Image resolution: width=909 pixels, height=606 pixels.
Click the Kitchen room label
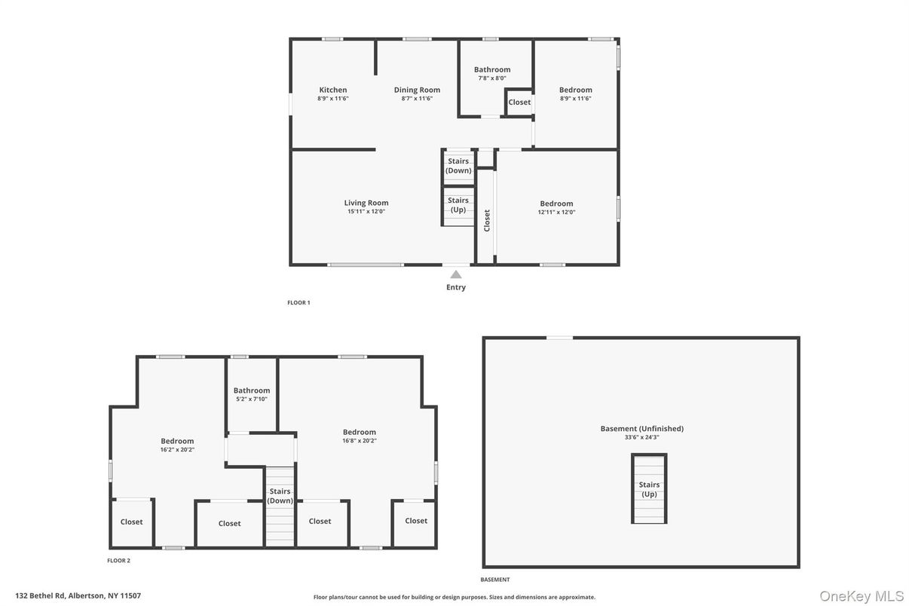coord(332,90)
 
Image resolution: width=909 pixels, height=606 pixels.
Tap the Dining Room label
coord(417,90)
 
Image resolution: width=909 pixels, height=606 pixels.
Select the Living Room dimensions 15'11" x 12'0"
coord(366,212)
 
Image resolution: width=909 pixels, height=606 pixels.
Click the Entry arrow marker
coord(456,274)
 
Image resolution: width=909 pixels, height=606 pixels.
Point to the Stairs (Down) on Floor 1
coord(458,166)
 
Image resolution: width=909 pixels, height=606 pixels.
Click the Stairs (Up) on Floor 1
coord(458,204)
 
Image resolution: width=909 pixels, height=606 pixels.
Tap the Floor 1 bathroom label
coord(492,69)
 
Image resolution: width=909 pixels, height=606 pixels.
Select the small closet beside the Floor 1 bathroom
coord(519,103)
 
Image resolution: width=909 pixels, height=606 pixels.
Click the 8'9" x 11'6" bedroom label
coord(576,90)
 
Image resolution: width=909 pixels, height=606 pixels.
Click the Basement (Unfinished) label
coord(641,429)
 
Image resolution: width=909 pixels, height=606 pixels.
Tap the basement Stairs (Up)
coord(649,489)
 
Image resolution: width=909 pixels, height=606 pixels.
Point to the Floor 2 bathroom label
coord(252,390)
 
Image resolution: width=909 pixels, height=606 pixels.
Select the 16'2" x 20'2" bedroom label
coord(177,441)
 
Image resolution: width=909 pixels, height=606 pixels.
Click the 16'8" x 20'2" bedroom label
coord(360,432)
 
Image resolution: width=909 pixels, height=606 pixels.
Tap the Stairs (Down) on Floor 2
coord(280,496)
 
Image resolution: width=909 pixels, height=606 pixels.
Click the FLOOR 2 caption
coord(118,561)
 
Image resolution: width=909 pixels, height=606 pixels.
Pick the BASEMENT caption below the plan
coord(495,580)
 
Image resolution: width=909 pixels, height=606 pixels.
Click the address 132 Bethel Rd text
coord(78,595)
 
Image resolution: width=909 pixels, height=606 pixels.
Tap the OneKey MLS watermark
coord(862,596)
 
